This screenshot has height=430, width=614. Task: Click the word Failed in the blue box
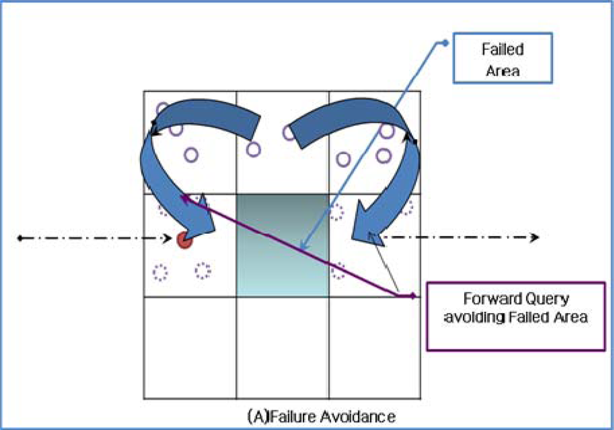tap(495, 49)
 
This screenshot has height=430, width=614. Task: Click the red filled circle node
tap(183, 241)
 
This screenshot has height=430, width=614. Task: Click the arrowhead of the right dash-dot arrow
tap(535, 238)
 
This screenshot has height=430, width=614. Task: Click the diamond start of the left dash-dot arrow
tap(20, 239)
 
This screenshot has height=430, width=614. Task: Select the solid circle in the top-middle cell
tap(254, 149)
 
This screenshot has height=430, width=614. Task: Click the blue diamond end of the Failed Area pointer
tap(445, 43)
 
